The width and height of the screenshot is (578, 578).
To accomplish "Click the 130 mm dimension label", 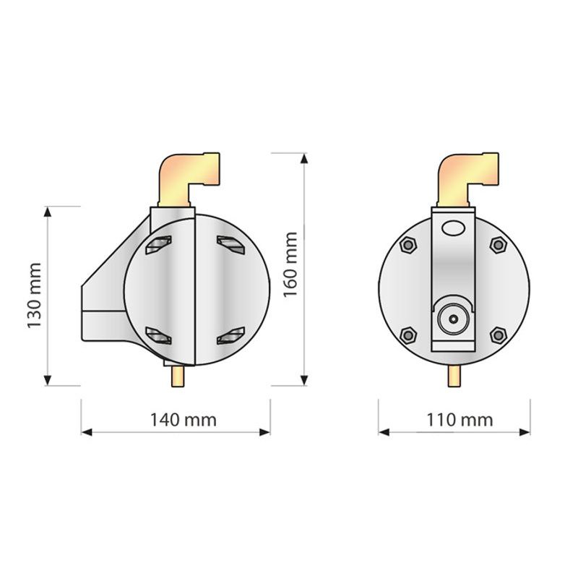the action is (34, 296).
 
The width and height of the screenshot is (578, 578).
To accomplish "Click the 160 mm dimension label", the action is (290, 264).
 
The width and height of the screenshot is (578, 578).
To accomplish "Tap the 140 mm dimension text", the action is (184, 420).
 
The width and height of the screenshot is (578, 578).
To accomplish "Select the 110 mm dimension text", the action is (460, 420).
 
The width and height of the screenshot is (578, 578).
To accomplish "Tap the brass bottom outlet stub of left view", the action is (178, 376).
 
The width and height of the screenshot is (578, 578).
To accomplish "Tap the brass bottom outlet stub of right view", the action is (454, 376).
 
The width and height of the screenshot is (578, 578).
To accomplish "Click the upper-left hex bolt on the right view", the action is (408, 245).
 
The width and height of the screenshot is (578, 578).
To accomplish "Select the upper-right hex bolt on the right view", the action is (498, 245).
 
